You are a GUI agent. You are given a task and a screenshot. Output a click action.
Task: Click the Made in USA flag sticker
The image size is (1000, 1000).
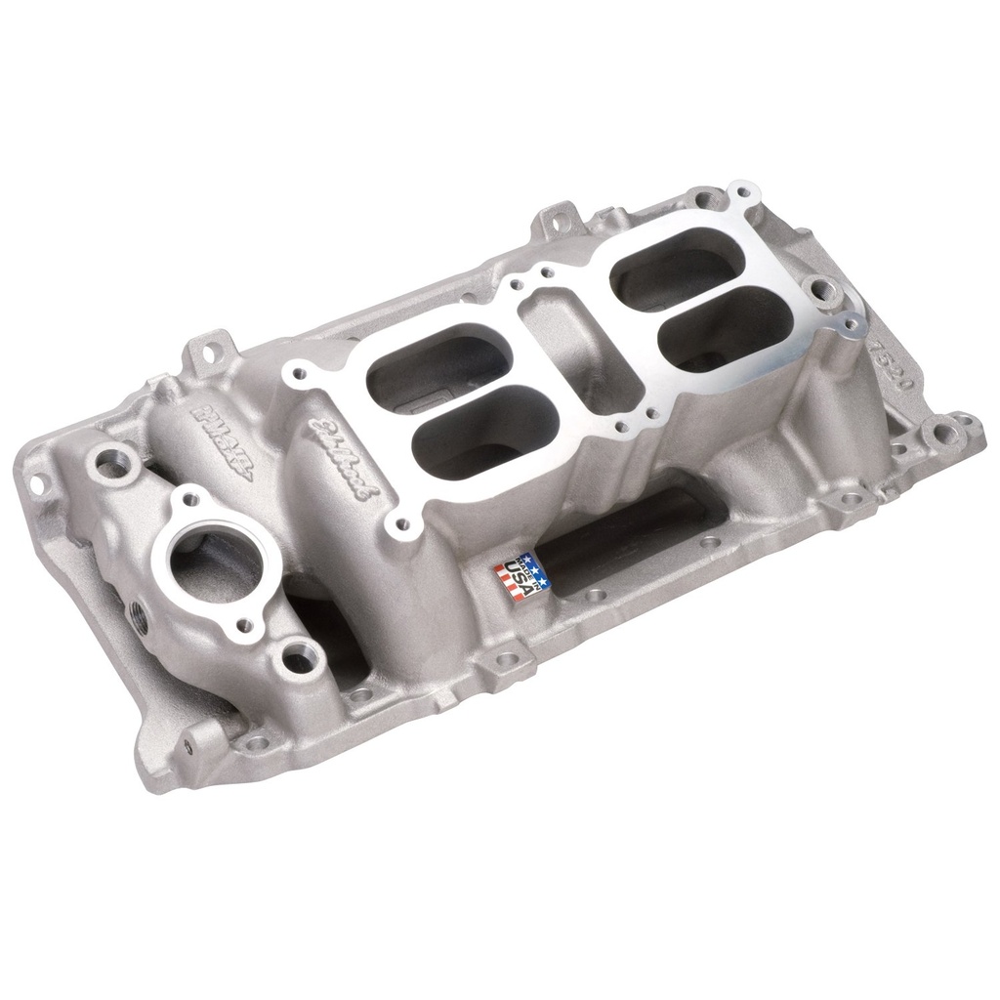521,575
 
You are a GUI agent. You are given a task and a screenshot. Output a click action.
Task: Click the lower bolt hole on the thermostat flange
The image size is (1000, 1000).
245,623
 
